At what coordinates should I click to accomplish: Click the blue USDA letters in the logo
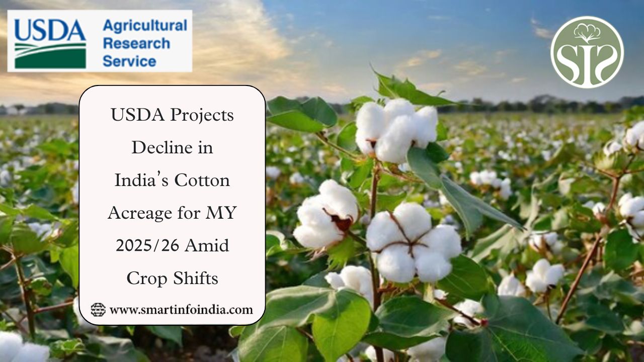pyautogui.click(x=50, y=30)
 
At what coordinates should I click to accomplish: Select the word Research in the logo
pyautogui.click(x=136, y=44)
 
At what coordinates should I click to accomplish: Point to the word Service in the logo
pyautogui.click(x=129, y=61)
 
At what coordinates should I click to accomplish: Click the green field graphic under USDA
pyautogui.click(x=50, y=56)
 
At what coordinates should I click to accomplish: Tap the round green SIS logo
pyautogui.click(x=587, y=52)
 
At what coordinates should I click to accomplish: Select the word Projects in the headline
pyautogui.click(x=202, y=116)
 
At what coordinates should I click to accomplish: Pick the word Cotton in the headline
pyautogui.click(x=202, y=180)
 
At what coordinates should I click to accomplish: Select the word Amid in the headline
pyautogui.click(x=207, y=246)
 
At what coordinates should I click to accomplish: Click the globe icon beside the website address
pyautogui.click(x=98, y=310)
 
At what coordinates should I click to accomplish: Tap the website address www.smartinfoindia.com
pyautogui.click(x=181, y=310)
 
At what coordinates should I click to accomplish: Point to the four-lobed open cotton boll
pyautogui.click(x=414, y=243)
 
